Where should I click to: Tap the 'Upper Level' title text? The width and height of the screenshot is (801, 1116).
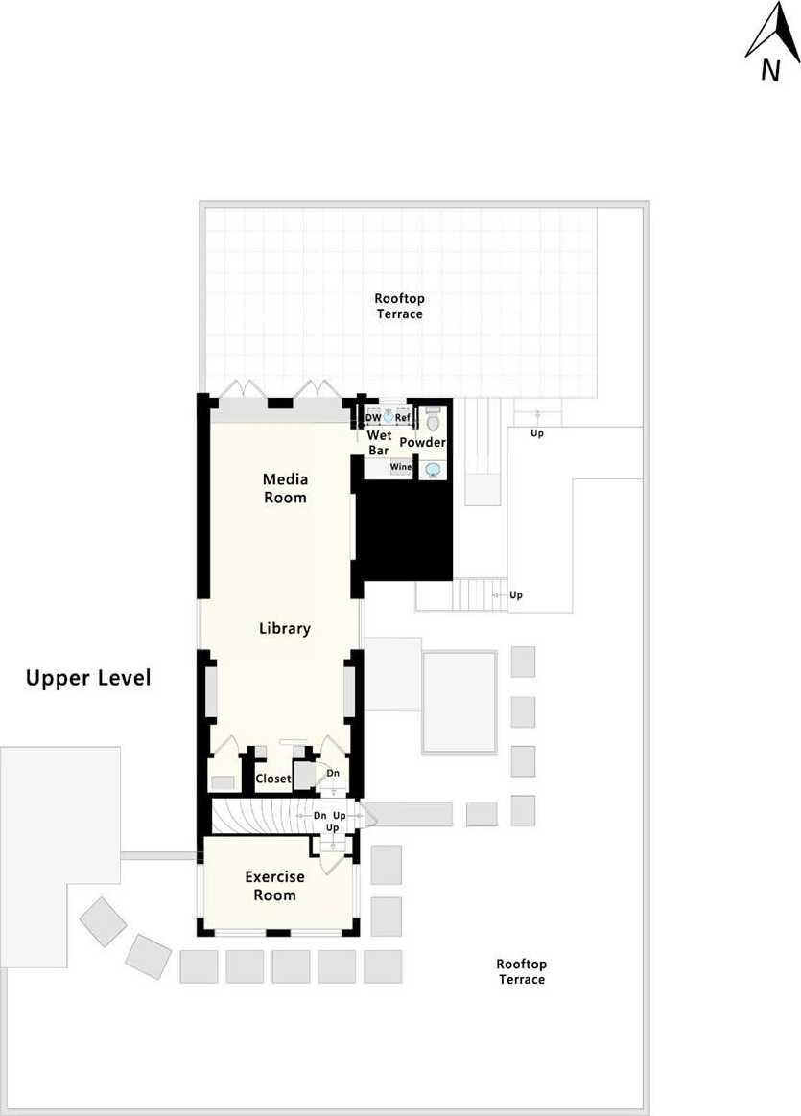pyautogui.click(x=88, y=678)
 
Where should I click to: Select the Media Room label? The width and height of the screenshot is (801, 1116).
pyautogui.click(x=285, y=488)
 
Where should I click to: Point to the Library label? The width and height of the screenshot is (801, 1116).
pyautogui.click(x=285, y=628)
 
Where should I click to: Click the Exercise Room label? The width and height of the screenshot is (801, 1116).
pyautogui.click(x=274, y=886)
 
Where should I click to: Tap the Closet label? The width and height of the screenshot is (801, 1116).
pyautogui.click(x=273, y=779)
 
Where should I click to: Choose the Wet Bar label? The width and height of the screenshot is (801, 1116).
pyautogui.click(x=379, y=443)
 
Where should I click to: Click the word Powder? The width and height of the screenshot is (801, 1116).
pyautogui.click(x=422, y=442)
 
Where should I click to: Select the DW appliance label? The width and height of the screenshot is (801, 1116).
pyautogui.click(x=373, y=418)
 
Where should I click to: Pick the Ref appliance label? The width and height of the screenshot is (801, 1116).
pyautogui.click(x=402, y=418)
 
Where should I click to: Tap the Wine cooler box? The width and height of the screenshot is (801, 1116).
pyautogui.click(x=401, y=468)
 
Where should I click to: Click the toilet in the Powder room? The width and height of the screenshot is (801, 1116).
pyautogui.click(x=433, y=419)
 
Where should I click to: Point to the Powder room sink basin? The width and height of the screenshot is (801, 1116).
pyautogui.click(x=433, y=470)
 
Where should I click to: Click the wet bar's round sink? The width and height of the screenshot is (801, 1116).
pyautogui.click(x=389, y=416)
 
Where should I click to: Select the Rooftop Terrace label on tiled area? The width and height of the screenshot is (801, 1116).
pyautogui.click(x=399, y=306)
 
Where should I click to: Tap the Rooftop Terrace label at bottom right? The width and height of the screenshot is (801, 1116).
pyautogui.click(x=521, y=971)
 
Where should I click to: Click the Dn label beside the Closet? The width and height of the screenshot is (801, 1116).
pyautogui.click(x=333, y=773)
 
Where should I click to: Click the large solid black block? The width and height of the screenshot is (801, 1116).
pyautogui.click(x=404, y=530)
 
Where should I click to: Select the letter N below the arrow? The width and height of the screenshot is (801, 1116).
pyautogui.click(x=769, y=70)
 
